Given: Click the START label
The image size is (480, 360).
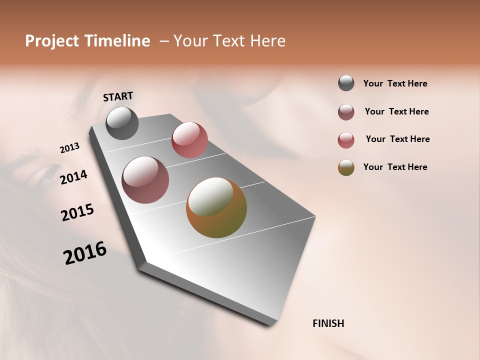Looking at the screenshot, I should click(118, 96).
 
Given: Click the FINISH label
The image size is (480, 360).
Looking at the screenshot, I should click(328, 323).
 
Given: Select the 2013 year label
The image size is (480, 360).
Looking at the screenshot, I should click(69, 148).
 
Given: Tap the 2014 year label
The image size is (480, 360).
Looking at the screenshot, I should click(73, 177).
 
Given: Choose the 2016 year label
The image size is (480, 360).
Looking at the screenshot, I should click(85, 253).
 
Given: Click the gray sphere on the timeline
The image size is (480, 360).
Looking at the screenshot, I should click(122, 123).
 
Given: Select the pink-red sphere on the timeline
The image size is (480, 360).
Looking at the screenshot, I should click(189, 139).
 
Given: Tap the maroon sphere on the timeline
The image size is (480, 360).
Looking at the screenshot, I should click(145, 180).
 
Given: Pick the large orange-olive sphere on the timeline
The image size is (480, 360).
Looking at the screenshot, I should click(216, 207).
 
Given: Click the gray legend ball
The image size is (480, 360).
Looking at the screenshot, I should click(346, 83).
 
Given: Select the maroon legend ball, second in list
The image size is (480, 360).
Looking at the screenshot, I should click(346, 112).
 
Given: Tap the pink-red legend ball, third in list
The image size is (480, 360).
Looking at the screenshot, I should click(346, 140).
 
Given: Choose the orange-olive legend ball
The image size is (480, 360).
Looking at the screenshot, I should click(346, 167).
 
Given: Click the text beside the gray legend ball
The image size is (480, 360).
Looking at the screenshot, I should click(395, 83).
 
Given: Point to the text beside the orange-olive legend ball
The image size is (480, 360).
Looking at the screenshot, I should click(395, 167).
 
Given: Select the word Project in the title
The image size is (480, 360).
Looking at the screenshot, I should click(51, 41).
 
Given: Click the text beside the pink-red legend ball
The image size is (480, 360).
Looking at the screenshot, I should click(397, 139).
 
